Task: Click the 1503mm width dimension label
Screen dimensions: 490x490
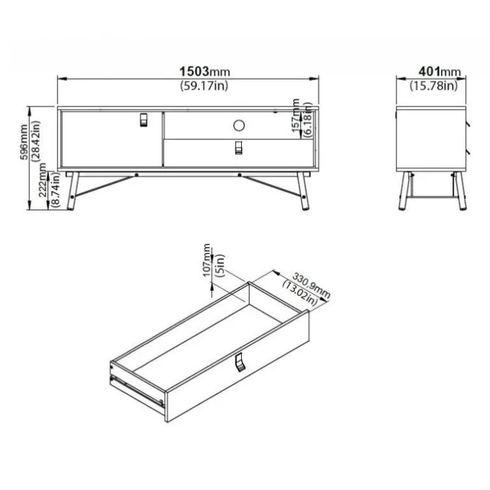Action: point(205,71)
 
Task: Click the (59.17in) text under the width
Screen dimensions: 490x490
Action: point(204,85)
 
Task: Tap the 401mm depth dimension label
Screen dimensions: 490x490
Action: point(439,71)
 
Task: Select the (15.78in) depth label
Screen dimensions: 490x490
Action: point(434,85)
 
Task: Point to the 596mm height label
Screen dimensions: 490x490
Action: point(24,142)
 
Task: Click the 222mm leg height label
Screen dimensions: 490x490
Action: point(43,180)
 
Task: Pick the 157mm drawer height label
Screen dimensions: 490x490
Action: point(296,116)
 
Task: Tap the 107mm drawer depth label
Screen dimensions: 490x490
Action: point(207,261)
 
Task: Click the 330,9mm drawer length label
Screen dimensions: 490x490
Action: point(311,284)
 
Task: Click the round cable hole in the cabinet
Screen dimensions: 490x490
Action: point(239,125)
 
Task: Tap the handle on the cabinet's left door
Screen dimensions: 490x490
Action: point(143,120)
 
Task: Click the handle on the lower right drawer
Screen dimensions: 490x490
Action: point(239,148)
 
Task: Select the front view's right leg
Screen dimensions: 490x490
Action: point(303,191)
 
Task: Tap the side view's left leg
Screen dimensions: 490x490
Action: point(403,191)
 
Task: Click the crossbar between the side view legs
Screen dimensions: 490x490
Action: point(432,197)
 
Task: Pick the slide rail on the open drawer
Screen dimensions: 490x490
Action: point(137,391)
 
